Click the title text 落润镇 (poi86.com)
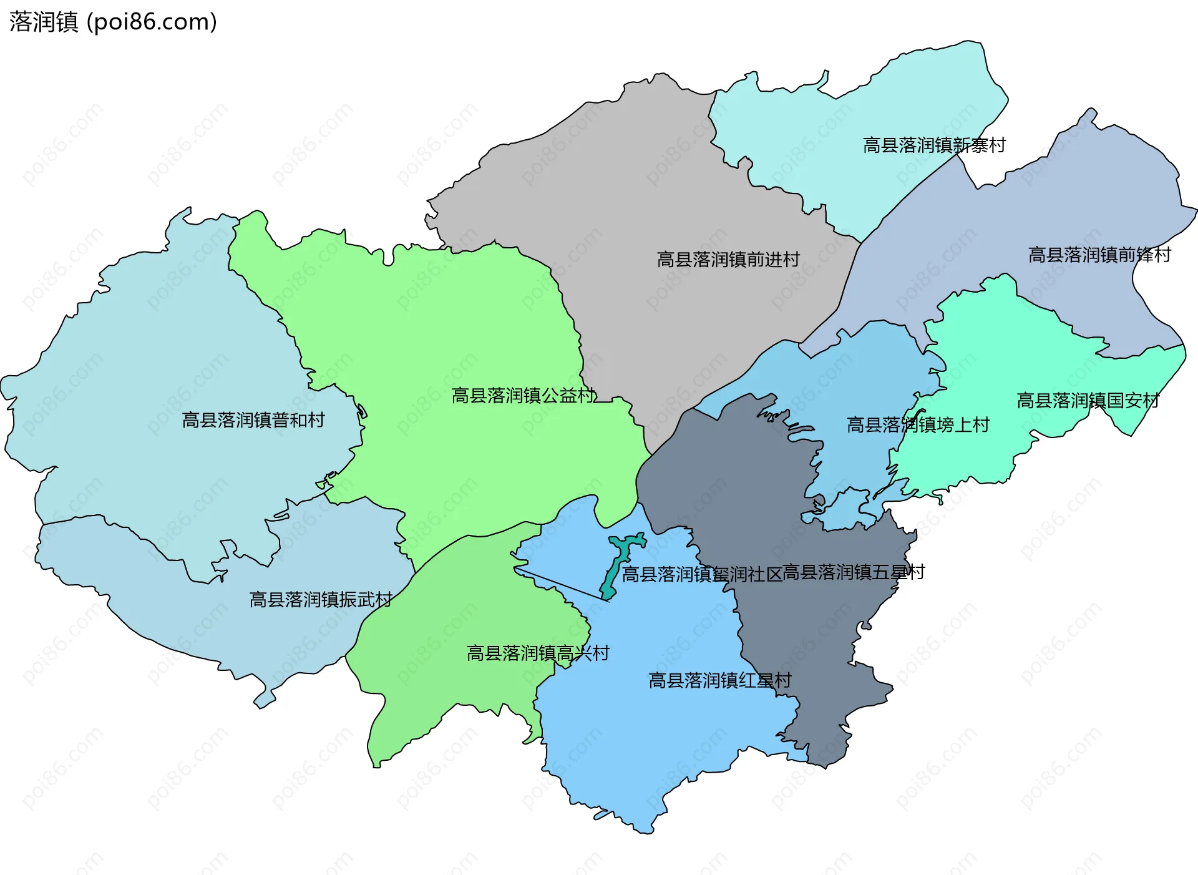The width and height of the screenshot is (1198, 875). pos(113,22)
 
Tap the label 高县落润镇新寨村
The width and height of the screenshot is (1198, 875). pos(934,145)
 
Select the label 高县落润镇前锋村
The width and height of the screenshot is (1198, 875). pos(1099,255)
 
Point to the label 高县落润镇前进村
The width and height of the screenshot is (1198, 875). pos(728,260)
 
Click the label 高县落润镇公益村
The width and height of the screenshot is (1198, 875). pos(523,396)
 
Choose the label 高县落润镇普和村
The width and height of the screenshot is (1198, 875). pos(253,420)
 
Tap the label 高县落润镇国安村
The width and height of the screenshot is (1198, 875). pos(1088,401)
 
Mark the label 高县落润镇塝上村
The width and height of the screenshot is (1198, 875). pos(918,425)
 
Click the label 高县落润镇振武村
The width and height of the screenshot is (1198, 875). pos(321,600)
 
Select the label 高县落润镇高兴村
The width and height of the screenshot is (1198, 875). pos(538,653)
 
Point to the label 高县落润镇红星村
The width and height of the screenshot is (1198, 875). pos(720,680)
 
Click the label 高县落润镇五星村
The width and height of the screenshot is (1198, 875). pos(853,572)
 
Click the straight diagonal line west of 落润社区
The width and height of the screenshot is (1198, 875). pos(562,585)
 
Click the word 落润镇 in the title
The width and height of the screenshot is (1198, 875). pos(44,22)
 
